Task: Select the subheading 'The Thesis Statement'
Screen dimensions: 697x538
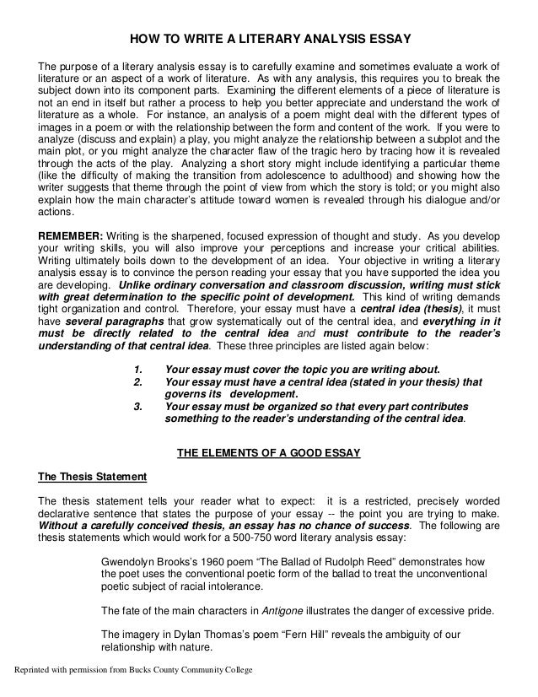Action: point(93,476)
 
